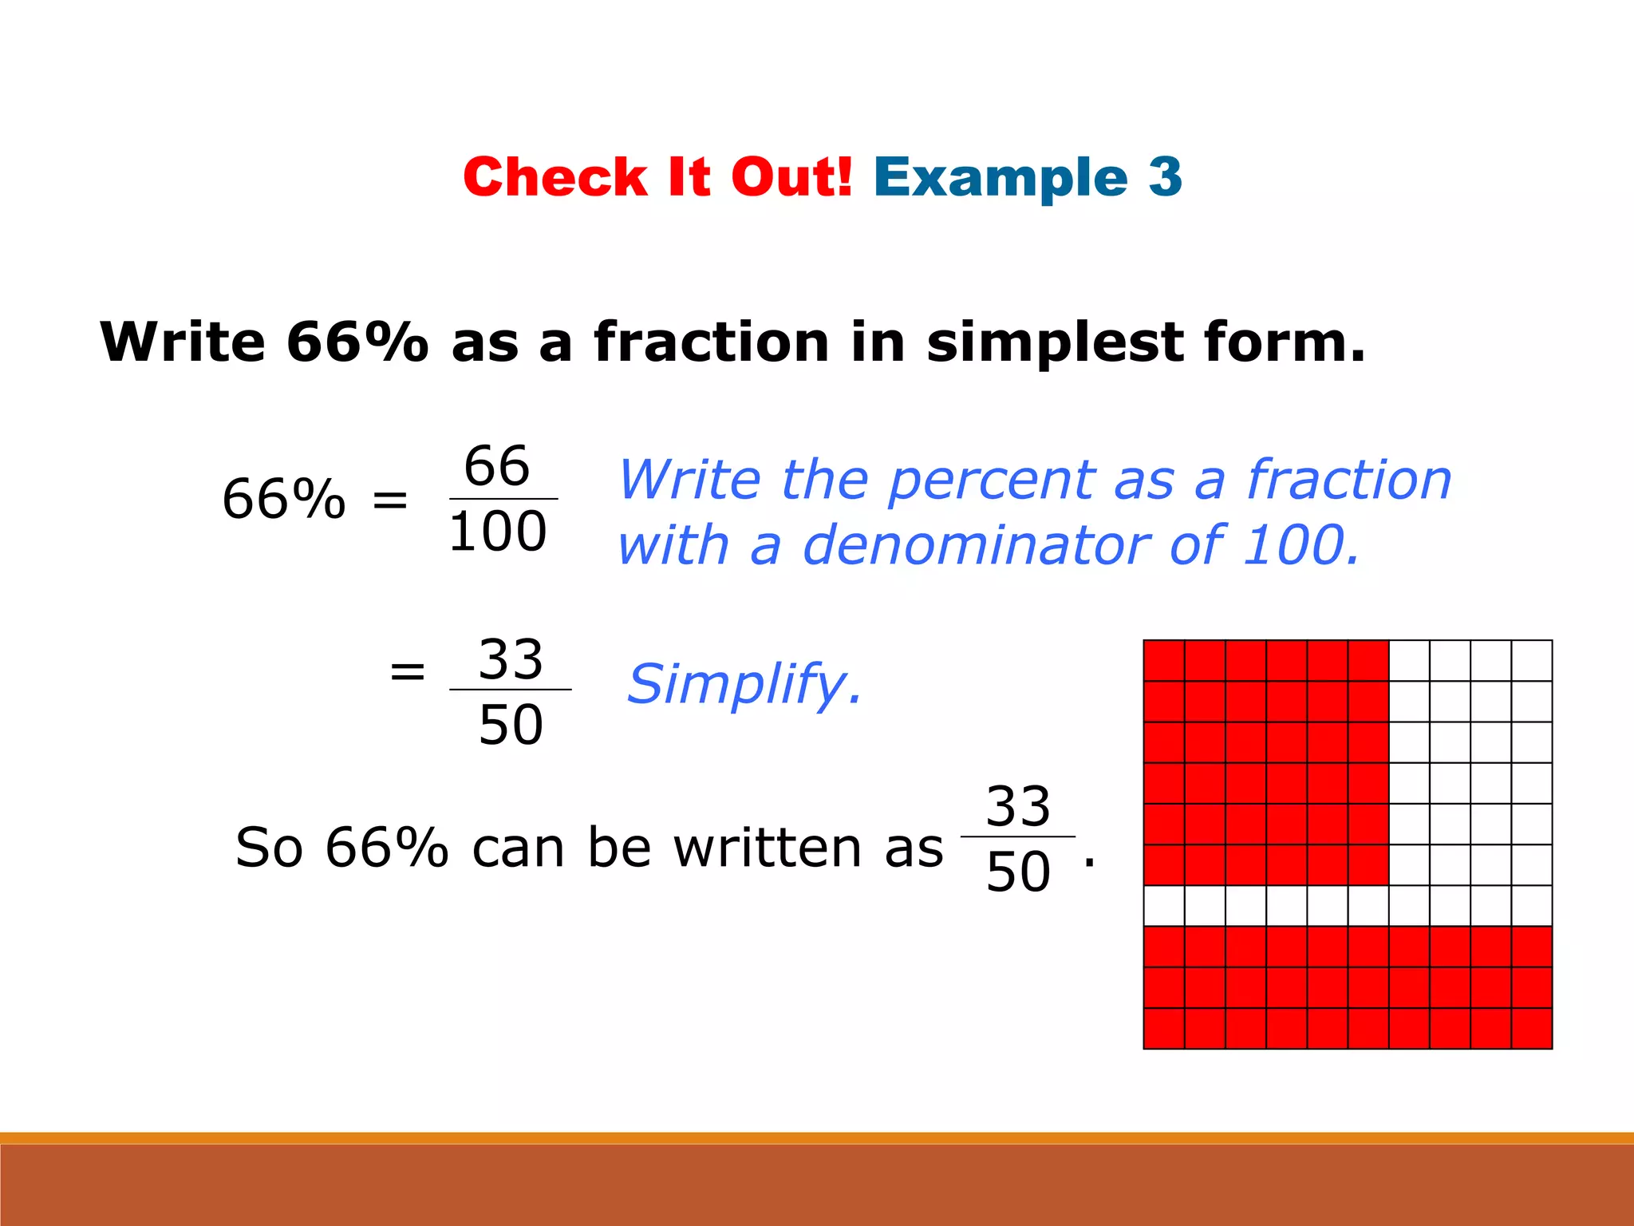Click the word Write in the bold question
coord(182,342)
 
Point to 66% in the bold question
coord(357,342)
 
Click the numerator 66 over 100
coord(497,465)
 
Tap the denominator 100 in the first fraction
coord(497,532)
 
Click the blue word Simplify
coord(744,684)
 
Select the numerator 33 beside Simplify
coord(511,659)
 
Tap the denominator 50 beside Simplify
coord(511,726)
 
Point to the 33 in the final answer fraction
coord(1018,806)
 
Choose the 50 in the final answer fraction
coord(1018,872)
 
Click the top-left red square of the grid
coord(1164,661)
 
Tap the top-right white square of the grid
coord(1532,661)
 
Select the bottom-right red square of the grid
coord(1532,1028)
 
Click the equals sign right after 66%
coord(390,500)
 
